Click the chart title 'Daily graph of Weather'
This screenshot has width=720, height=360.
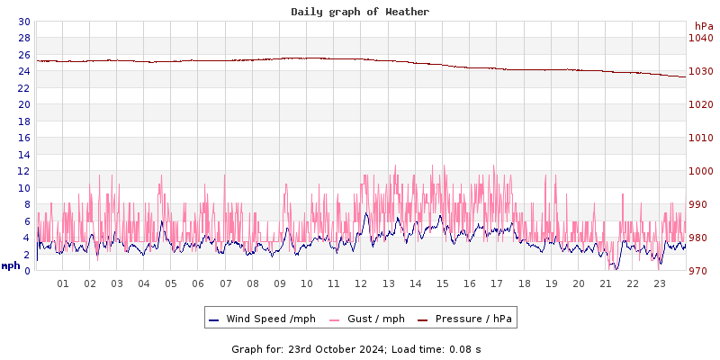click(x=360, y=12)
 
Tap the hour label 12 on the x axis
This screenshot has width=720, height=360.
click(x=361, y=284)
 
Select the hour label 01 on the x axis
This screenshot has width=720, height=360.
click(x=63, y=284)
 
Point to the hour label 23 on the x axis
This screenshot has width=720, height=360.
click(x=660, y=284)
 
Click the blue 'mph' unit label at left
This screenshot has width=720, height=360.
click(x=11, y=265)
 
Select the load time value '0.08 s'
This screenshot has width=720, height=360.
click(x=464, y=348)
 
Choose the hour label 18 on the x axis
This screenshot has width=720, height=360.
click(x=524, y=284)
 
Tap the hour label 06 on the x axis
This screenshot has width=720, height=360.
click(x=198, y=284)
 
